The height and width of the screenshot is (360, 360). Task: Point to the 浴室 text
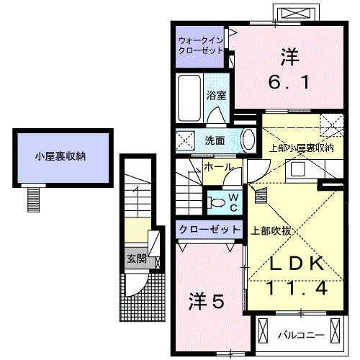click(x=215, y=95)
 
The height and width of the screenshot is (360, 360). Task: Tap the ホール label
click(x=218, y=167)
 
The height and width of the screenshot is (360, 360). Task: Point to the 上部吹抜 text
click(x=270, y=231)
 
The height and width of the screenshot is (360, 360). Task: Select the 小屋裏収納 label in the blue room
click(x=61, y=156)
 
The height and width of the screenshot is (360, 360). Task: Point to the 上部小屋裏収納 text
click(x=301, y=148)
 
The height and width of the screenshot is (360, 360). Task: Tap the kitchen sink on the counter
click(x=297, y=171)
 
